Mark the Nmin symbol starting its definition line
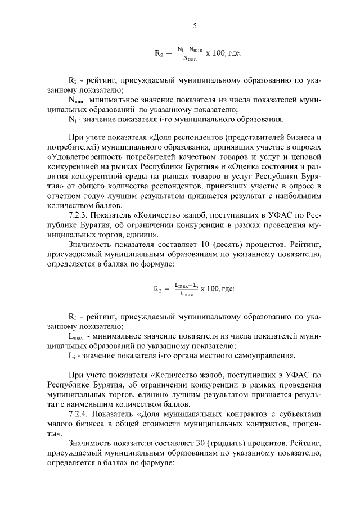[x=76, y=100]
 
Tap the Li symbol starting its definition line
[x=71, y=355]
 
